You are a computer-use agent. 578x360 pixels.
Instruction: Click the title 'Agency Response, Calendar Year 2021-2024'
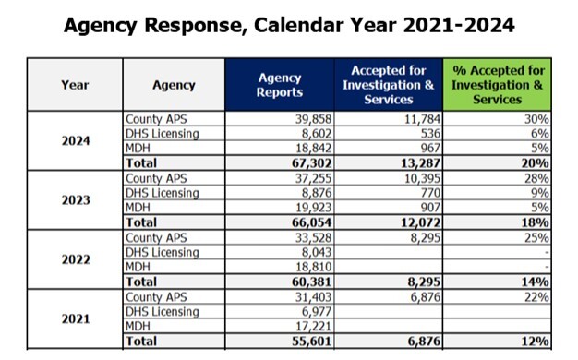point(289,25)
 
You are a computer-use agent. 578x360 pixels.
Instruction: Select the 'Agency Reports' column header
point(280,85)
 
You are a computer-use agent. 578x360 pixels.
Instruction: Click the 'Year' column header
point(75,85)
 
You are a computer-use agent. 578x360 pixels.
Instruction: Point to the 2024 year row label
point(75,140)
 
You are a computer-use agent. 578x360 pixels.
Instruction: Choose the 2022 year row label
point(75,259)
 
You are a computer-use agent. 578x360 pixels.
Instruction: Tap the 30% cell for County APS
point(537,119)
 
